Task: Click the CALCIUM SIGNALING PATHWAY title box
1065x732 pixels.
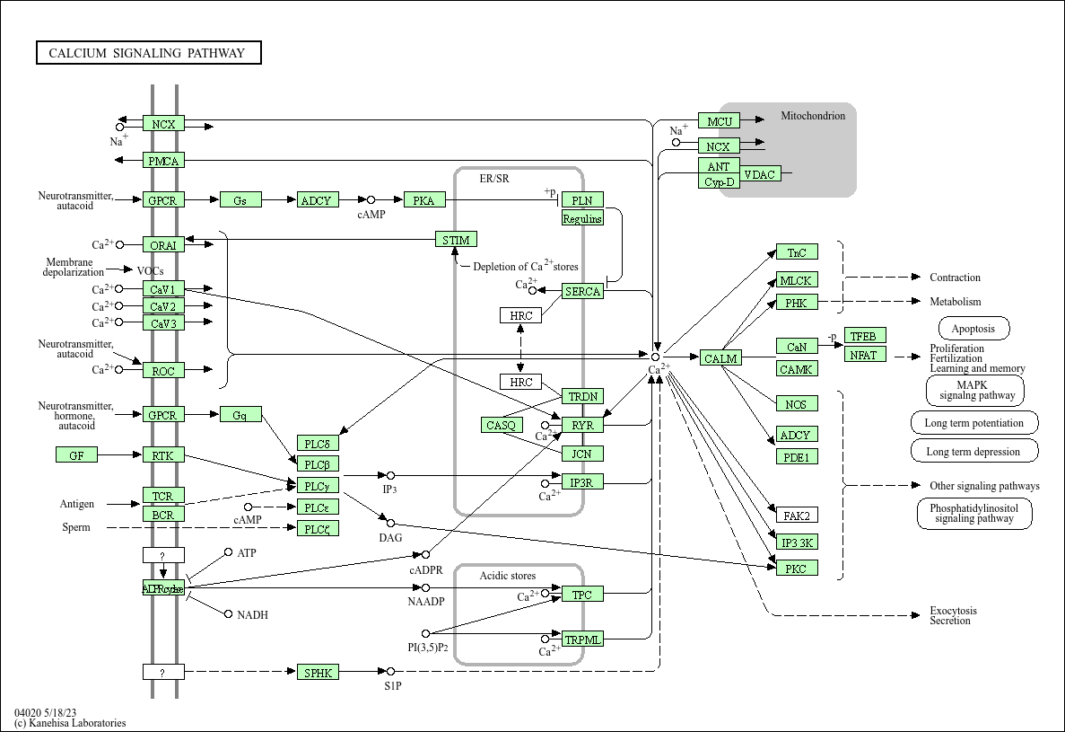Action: coord(148,53)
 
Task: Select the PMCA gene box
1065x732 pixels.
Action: coord(163,161)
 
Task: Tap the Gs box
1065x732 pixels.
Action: coord(240,200)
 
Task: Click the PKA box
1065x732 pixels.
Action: coord(424,200)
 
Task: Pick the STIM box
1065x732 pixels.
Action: coord(457,239)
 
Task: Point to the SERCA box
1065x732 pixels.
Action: coord(582,291)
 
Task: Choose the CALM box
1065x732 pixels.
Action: coord(720,358)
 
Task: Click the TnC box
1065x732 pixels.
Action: coord(797,252)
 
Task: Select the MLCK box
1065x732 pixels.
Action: coord(797,280)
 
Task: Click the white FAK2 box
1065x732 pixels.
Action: coord(797,516)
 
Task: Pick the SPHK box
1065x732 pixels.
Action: coord(319,672)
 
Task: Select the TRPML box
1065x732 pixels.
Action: coord(582,639)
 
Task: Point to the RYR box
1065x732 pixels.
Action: coord(582,425)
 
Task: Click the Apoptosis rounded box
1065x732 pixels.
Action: coord(973,329)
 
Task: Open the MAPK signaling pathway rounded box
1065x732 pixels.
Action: coord(975,391)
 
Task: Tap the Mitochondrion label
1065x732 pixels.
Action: coord(813,116)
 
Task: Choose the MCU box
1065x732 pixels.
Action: coord(720,121)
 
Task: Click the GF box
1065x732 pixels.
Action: coord(77,455)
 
